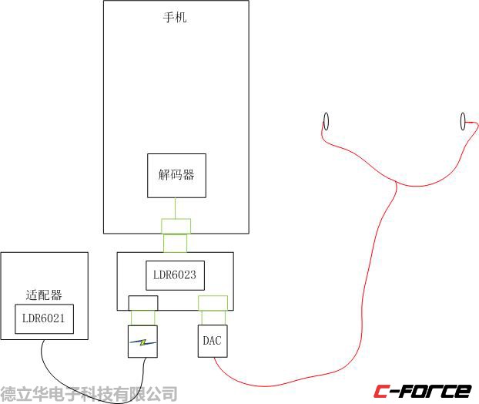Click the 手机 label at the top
175,17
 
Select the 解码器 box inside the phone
176,175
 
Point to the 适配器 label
43,295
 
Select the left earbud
327,121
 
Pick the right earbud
463,120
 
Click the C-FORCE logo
423,391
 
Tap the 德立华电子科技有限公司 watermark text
89,394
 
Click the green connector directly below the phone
176,226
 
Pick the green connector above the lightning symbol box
142,317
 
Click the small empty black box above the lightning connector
142,302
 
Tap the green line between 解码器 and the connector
176,208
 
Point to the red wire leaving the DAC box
254,382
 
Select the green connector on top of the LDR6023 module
176,243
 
